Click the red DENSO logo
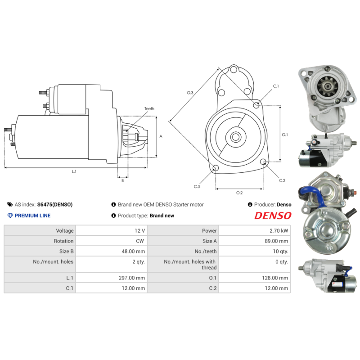click(x=273, y=216)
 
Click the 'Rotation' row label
click(x=63, y=241)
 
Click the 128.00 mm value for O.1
click(x=276, y=278)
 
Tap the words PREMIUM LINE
click(x=32, y=216)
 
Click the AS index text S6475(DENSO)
click(x=54, y=204)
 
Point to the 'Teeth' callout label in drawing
click(x=149, y=109)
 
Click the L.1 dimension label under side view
click(x=74, y=171)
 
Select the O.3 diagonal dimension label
click(x=190, y=93)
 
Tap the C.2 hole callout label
click(x=282, y=180)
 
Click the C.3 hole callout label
click(x=197, y=186)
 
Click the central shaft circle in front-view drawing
click(x=235, y=137)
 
